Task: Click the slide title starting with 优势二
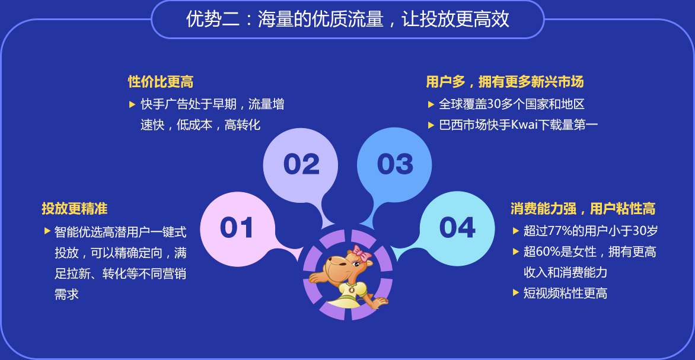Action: (x=347, y=20)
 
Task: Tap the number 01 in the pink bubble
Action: (x=237, y=227)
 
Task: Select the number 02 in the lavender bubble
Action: (x=301, y=164)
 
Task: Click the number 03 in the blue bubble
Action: (x=395, y=164)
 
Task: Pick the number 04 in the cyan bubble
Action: (x=457, y=227)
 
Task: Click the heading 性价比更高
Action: (x=161, y=82)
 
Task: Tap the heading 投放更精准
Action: (x=75, y=208)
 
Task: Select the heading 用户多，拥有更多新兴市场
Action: (x=505, y=82)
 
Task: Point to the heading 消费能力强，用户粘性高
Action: (x=583, y=208)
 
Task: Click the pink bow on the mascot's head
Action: (x=361, y=253)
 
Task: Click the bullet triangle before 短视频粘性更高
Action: (x=515, y=292)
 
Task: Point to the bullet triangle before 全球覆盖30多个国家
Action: (x=431, y=104)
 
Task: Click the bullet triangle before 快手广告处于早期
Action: (x=132, y=104)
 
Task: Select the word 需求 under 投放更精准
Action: (x=66, y=294)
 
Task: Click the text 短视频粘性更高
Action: (x=565, y=293)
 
